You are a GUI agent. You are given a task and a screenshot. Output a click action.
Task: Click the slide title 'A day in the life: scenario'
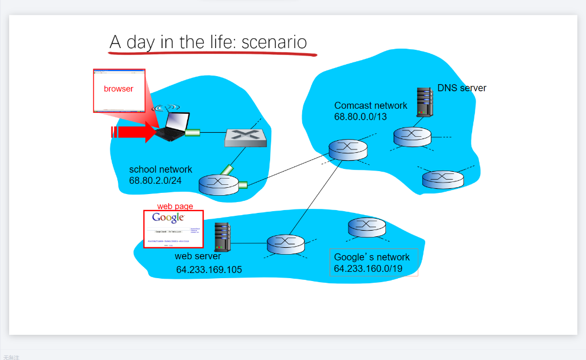pyautogui.click(x=208, y=42)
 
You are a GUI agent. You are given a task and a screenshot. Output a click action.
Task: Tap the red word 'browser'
pyautogui.click(x=118, y=89)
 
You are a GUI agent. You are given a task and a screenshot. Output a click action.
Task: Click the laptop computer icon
pyautogui.click(x=172, y=127)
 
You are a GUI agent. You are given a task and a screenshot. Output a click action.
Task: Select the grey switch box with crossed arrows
pyautogui.click(x=246, y=138)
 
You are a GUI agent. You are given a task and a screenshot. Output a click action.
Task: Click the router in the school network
pyautogui.click(x=219, y=184)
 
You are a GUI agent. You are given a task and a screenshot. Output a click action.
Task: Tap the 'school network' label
pyautogui.click(x=161, y=169)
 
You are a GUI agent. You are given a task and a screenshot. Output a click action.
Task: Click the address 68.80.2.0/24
pyautogui.click(x=156, y=181)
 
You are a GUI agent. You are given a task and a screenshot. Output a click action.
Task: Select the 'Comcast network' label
pyautogui.click(x=371, y=105)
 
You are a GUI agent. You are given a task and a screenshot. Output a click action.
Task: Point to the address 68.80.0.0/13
pyautogui.click(x=361, y=117)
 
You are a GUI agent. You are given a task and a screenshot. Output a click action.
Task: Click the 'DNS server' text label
pyautogui.click(x=462, y=88)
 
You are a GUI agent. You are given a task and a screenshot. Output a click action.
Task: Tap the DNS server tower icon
pyautogui.click(x=424, y=102)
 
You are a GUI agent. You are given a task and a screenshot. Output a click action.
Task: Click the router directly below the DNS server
pyautogui.click(x=412, y=137)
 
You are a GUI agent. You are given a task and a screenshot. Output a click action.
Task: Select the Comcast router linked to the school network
pyautogui.click(x=348, y=149)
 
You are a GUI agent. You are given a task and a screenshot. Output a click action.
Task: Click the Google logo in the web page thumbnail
pyautogui.click(x=168, y=218)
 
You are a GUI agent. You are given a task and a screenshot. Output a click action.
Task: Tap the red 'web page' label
pyautogui.click(x=175, y=206)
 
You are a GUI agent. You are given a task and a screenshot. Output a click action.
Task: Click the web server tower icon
pyautogui.click(x=222, y=237)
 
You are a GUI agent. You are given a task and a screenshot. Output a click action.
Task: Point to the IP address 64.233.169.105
pyautogui.click(x=209, y=270)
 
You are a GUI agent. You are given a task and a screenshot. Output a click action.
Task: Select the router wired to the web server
pyautogui.click(x=286, y=244)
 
